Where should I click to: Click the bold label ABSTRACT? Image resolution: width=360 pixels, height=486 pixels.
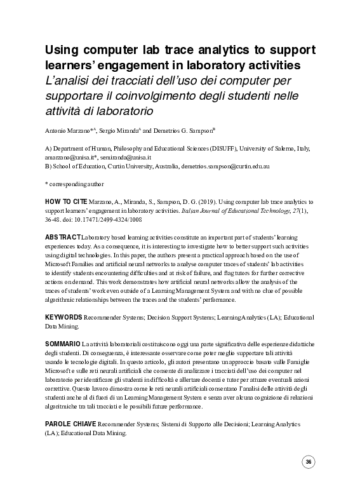point(62,236)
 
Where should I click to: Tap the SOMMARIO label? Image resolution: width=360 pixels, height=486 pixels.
point(63,343)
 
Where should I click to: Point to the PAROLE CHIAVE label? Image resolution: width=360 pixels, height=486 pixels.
point(70,422)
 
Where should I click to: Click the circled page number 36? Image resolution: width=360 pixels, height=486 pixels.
point(309,462)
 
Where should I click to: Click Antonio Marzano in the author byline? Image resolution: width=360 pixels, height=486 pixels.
point(68,130)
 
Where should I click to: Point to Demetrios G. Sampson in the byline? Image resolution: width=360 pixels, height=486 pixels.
point(182,130)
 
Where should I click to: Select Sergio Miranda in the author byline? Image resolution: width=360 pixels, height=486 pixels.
point(120,130)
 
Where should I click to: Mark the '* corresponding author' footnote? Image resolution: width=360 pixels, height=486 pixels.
point(74,184)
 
